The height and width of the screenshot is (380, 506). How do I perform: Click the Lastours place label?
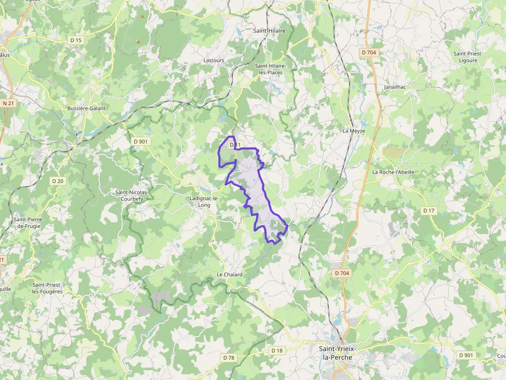pos(214,60)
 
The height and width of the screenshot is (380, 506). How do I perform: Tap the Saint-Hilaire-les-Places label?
pos(271,69)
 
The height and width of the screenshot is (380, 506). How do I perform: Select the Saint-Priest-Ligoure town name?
pos(465,57)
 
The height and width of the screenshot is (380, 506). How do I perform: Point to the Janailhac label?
pos(395,87)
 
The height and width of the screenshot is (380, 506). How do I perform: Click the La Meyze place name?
pos(354,131)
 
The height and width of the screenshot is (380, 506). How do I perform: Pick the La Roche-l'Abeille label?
pos(393,172)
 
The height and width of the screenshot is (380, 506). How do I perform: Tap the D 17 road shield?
pos(429,210)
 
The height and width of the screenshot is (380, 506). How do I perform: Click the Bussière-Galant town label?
pos(86,108)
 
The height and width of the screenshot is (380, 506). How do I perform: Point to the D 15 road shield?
pos(76,40)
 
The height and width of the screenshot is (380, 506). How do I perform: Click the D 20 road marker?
pos(58,181)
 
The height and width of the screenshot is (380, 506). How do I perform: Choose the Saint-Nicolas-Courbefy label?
pos(132,195)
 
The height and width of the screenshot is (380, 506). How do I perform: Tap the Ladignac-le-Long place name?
pos(204,201)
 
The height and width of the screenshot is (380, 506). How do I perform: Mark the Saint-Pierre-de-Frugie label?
pos(29,223)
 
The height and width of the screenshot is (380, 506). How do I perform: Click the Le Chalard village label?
pos(229,275)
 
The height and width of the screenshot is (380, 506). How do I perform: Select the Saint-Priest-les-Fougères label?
pos(47,288)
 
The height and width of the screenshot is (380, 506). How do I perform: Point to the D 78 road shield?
pos(228,357)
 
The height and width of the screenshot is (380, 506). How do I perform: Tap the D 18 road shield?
pos(277,351)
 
